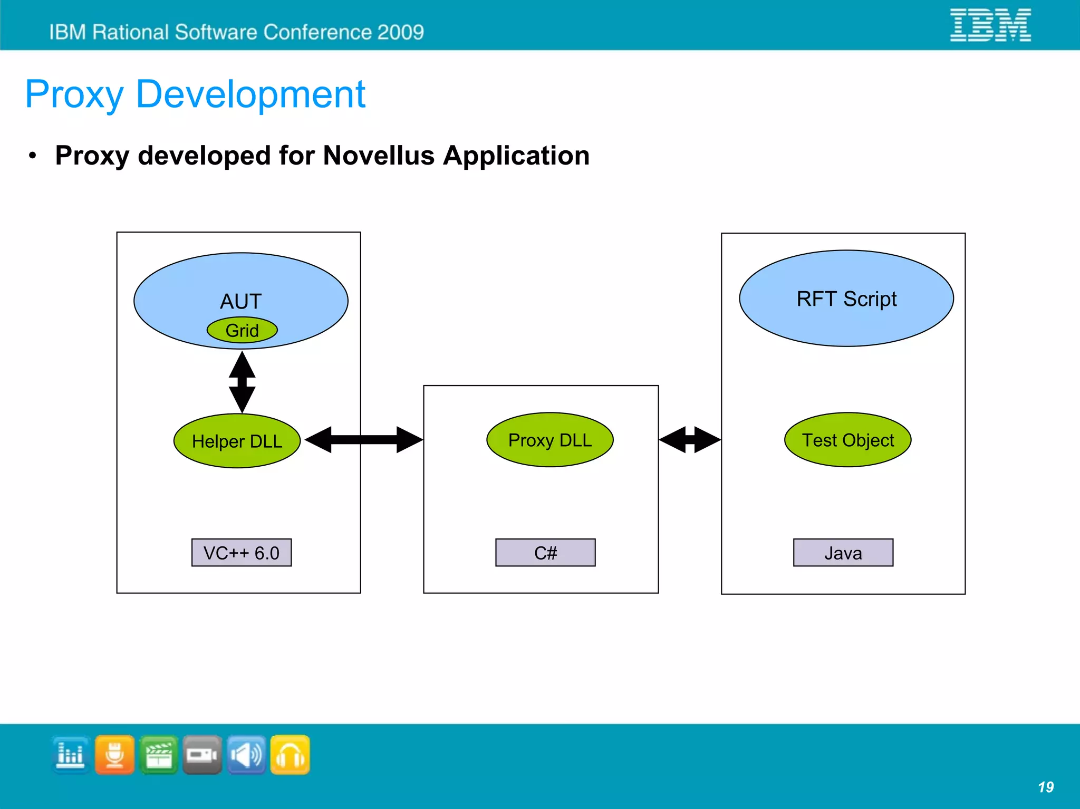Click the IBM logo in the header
point(990,25)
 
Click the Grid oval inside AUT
point(242,331)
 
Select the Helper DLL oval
point(237,441)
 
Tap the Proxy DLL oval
point(549,440)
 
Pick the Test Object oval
point(847,440)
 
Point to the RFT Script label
point(846,299)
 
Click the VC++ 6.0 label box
point(242,553)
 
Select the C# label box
point(545,553)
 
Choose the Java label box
point(843,553)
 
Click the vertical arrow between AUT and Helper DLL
point(242,382)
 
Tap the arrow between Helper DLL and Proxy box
point(364,440)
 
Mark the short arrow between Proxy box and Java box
point(690,440)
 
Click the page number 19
point(1045,787)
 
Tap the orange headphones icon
point(290,755)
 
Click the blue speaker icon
point(246,755)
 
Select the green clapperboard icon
point(159,755)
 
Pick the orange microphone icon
point(115,755)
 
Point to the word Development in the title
point(250,95)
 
